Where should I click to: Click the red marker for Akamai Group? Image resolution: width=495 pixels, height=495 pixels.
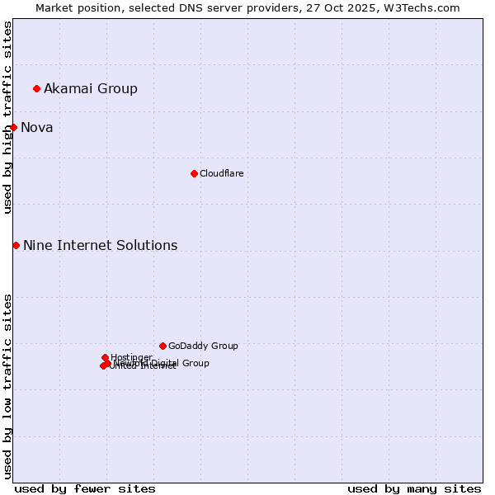click(x=36, y=88)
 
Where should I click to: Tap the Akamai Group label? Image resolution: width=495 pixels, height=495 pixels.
click(x=91, y=88)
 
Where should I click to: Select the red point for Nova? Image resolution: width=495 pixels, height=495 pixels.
click(x=13, y=127)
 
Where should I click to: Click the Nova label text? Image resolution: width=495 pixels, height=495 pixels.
click(x=37, y=127)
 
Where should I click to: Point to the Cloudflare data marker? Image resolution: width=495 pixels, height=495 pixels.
click(x=194, y=173)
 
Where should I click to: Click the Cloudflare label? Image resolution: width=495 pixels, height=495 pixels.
click(x=221, y=173)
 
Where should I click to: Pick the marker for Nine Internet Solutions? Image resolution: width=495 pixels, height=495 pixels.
click(x=16, y=245)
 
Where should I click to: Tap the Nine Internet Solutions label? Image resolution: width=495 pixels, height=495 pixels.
click(x=100, y=245)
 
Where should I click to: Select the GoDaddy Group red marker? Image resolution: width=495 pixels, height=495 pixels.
click(x=163, y=346)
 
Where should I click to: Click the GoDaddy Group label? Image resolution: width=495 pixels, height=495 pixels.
click(x=203, y=346)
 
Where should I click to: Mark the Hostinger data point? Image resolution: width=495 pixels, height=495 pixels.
click(x=105, y=357)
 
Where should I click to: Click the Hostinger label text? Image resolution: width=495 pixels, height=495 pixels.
click(x=131, y=357)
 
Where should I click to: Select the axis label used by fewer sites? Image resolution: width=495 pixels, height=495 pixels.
click(x=85, y=488)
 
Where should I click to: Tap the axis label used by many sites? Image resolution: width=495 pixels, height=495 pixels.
click(x=414, y=488)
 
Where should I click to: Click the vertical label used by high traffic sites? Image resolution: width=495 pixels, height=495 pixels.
click(x=7, y=117)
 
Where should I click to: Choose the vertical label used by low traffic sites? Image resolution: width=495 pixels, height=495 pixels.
click(x=7, y=385)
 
